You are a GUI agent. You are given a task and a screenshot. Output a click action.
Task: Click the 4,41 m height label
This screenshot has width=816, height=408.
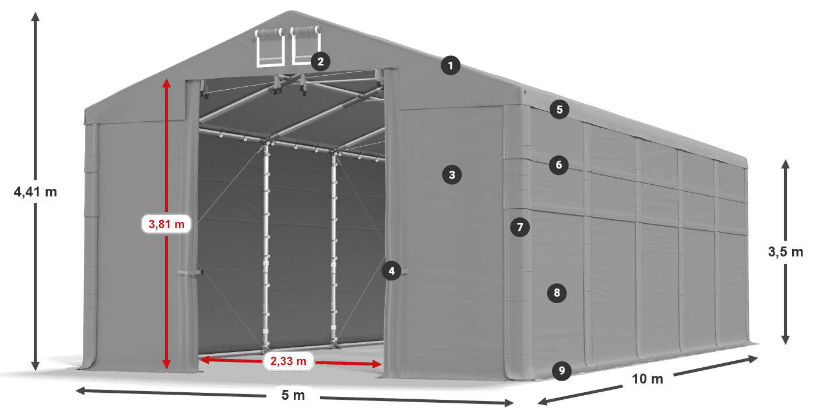(35, 191)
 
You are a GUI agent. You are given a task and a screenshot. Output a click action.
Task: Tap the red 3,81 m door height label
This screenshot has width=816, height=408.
(167, 223)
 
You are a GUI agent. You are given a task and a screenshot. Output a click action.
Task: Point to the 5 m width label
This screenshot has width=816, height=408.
(293, 396)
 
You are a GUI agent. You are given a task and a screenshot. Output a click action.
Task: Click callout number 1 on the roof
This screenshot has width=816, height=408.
(451, 66)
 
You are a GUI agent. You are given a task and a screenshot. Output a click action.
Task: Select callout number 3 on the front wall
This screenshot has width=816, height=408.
(452, 174)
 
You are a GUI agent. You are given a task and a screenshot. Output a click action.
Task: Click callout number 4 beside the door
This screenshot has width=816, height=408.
(392, 270)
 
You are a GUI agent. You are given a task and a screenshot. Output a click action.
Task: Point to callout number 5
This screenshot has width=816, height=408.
(559, 109)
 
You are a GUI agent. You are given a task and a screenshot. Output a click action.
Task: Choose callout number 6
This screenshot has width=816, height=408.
(558, 165)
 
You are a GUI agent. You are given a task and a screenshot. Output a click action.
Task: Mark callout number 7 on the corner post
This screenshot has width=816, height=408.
(519, 227)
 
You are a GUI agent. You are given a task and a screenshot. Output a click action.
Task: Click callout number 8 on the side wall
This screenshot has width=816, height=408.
(557, 293)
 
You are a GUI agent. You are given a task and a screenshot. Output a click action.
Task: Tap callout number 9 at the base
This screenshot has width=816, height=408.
(561, 370)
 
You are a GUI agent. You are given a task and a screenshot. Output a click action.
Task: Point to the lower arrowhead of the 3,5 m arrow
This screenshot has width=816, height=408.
(785, 340)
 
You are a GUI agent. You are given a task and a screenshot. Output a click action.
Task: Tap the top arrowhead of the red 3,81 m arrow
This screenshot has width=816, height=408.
(167, 82)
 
